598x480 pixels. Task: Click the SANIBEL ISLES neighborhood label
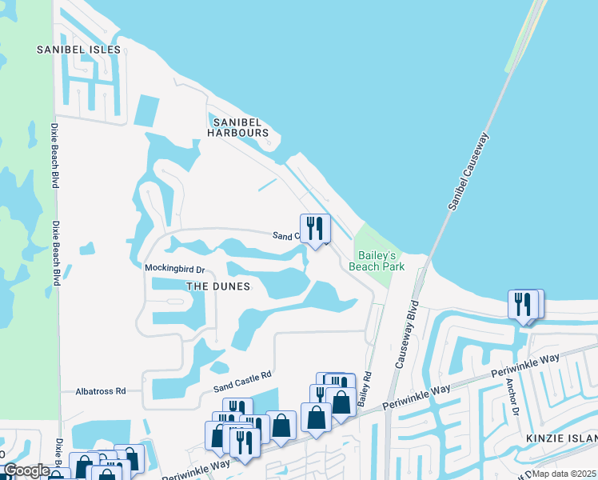78,50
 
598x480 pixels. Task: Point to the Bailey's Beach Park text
377,261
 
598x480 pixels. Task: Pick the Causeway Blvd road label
405,334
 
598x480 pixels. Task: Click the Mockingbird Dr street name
174,268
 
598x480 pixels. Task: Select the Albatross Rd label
101,391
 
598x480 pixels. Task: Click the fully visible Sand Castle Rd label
243,380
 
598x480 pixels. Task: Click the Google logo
26,470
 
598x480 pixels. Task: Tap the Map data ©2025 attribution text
564,474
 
